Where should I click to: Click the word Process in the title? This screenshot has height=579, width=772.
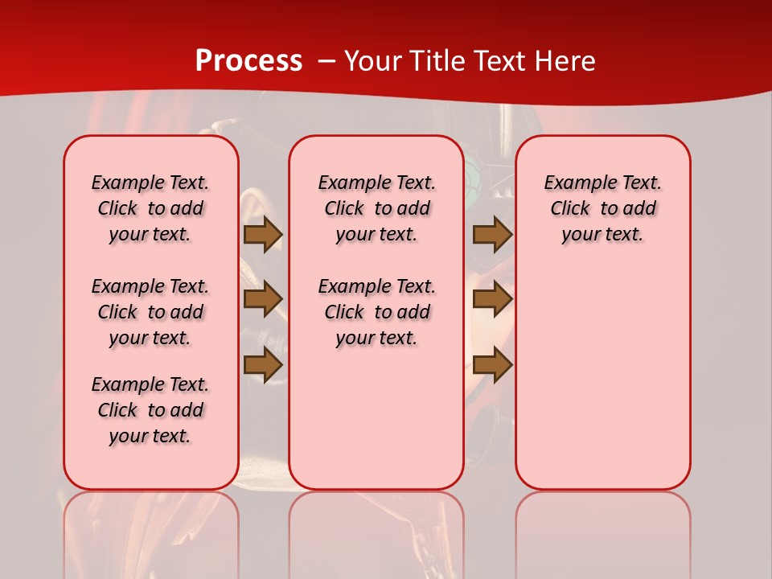point(248,61)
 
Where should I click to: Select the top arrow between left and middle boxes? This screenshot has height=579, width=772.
point(263,234)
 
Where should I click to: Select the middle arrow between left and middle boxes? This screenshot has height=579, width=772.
point(263,299)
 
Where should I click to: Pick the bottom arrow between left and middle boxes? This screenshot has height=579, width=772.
point(263,364)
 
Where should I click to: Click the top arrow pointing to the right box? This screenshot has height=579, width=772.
point(492,234)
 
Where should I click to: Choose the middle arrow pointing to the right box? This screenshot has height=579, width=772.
point(492,299)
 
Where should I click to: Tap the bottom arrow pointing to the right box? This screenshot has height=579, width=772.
point(492,364)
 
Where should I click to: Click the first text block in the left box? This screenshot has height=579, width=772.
point(150,208)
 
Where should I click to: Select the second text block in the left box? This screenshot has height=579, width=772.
point(150,312)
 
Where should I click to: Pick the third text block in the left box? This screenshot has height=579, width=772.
point(150,410)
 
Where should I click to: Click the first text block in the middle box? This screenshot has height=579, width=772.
point(376,208)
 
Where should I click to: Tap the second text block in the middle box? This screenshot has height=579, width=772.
point(376,312)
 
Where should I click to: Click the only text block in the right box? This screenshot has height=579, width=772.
point(602,208)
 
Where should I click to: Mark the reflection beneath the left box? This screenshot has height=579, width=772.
point(150,531)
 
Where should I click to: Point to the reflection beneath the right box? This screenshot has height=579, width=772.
point(602,531)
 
